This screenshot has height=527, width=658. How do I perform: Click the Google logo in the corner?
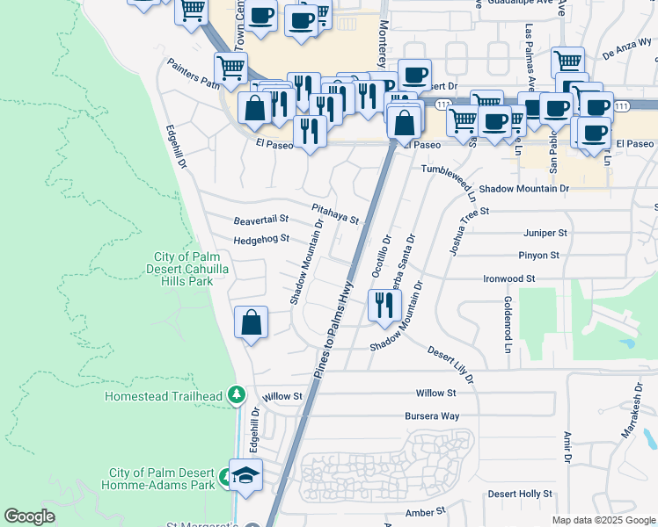tap(30, 516)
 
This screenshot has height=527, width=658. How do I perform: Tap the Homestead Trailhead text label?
tap(163, 396)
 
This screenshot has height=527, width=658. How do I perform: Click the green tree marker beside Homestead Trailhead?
tap(235, 396)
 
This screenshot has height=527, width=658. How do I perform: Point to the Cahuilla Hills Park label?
tap(182, 270)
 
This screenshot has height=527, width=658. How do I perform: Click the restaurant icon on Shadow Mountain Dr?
tap(384, 305)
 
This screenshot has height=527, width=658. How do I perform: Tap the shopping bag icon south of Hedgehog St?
tap(252, 321)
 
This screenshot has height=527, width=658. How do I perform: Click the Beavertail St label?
tap(261, 221)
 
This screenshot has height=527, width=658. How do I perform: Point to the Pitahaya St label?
tap(335, 213)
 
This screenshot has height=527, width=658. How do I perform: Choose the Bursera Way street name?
tap(432, 415)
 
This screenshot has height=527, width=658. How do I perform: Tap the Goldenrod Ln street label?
tap(508, 324)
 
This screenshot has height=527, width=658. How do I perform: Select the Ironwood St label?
tap(509, 278)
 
